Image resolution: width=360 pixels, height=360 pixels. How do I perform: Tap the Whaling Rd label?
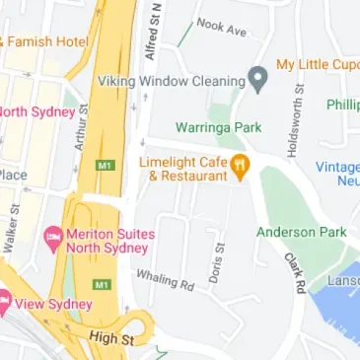(165, 280)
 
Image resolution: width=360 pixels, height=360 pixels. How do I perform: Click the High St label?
(109, 337)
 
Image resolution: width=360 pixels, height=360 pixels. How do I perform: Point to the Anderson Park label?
(302, 232)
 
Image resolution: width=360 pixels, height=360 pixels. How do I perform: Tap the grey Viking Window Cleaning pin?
(258, 80)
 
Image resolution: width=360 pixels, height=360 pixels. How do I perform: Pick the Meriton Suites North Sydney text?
(110, 241)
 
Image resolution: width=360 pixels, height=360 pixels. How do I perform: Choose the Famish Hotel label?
(47, 41)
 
